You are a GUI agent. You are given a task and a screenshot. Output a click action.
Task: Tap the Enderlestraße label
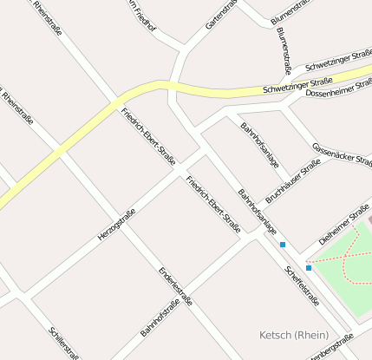pyautogui.click(x=175, y=287)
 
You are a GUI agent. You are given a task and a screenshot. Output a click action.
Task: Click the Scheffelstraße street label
pyautogui.click(x=302, y=286)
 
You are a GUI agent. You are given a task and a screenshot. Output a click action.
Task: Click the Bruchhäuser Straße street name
pyautogui.click(x=293, y=181)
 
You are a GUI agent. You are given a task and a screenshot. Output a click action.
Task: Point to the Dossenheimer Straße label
pyautogui.click(x=339, y=88)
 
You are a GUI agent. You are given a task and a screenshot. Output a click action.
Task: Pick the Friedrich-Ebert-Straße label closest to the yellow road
pyautogui.click(x=148, y=136)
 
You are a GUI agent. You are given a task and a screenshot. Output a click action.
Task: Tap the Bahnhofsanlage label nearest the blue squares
pyautogui.click(x=258, y=212)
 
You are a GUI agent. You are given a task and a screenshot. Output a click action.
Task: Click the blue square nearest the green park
pyautogui.click(x=309, y=268)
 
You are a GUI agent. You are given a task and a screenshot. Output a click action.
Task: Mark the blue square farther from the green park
pyautogui.click(x=283, y=245)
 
